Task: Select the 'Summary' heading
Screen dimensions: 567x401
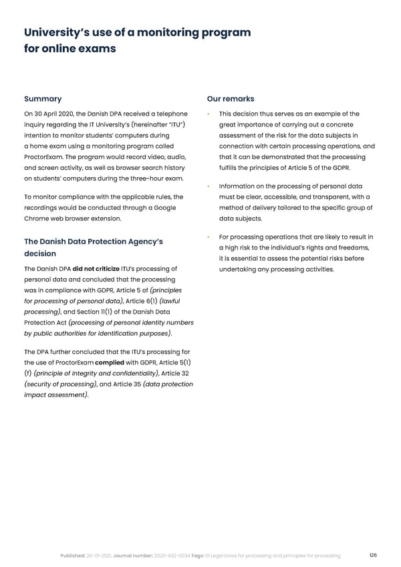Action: (x=41, y=99)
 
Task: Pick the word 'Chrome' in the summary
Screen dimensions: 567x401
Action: (x=38, y=218)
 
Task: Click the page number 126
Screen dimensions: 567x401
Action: (x=372, y=555)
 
